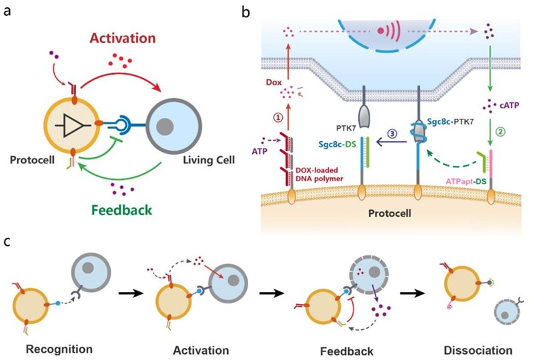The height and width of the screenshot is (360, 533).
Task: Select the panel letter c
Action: [x=7, y=241]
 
